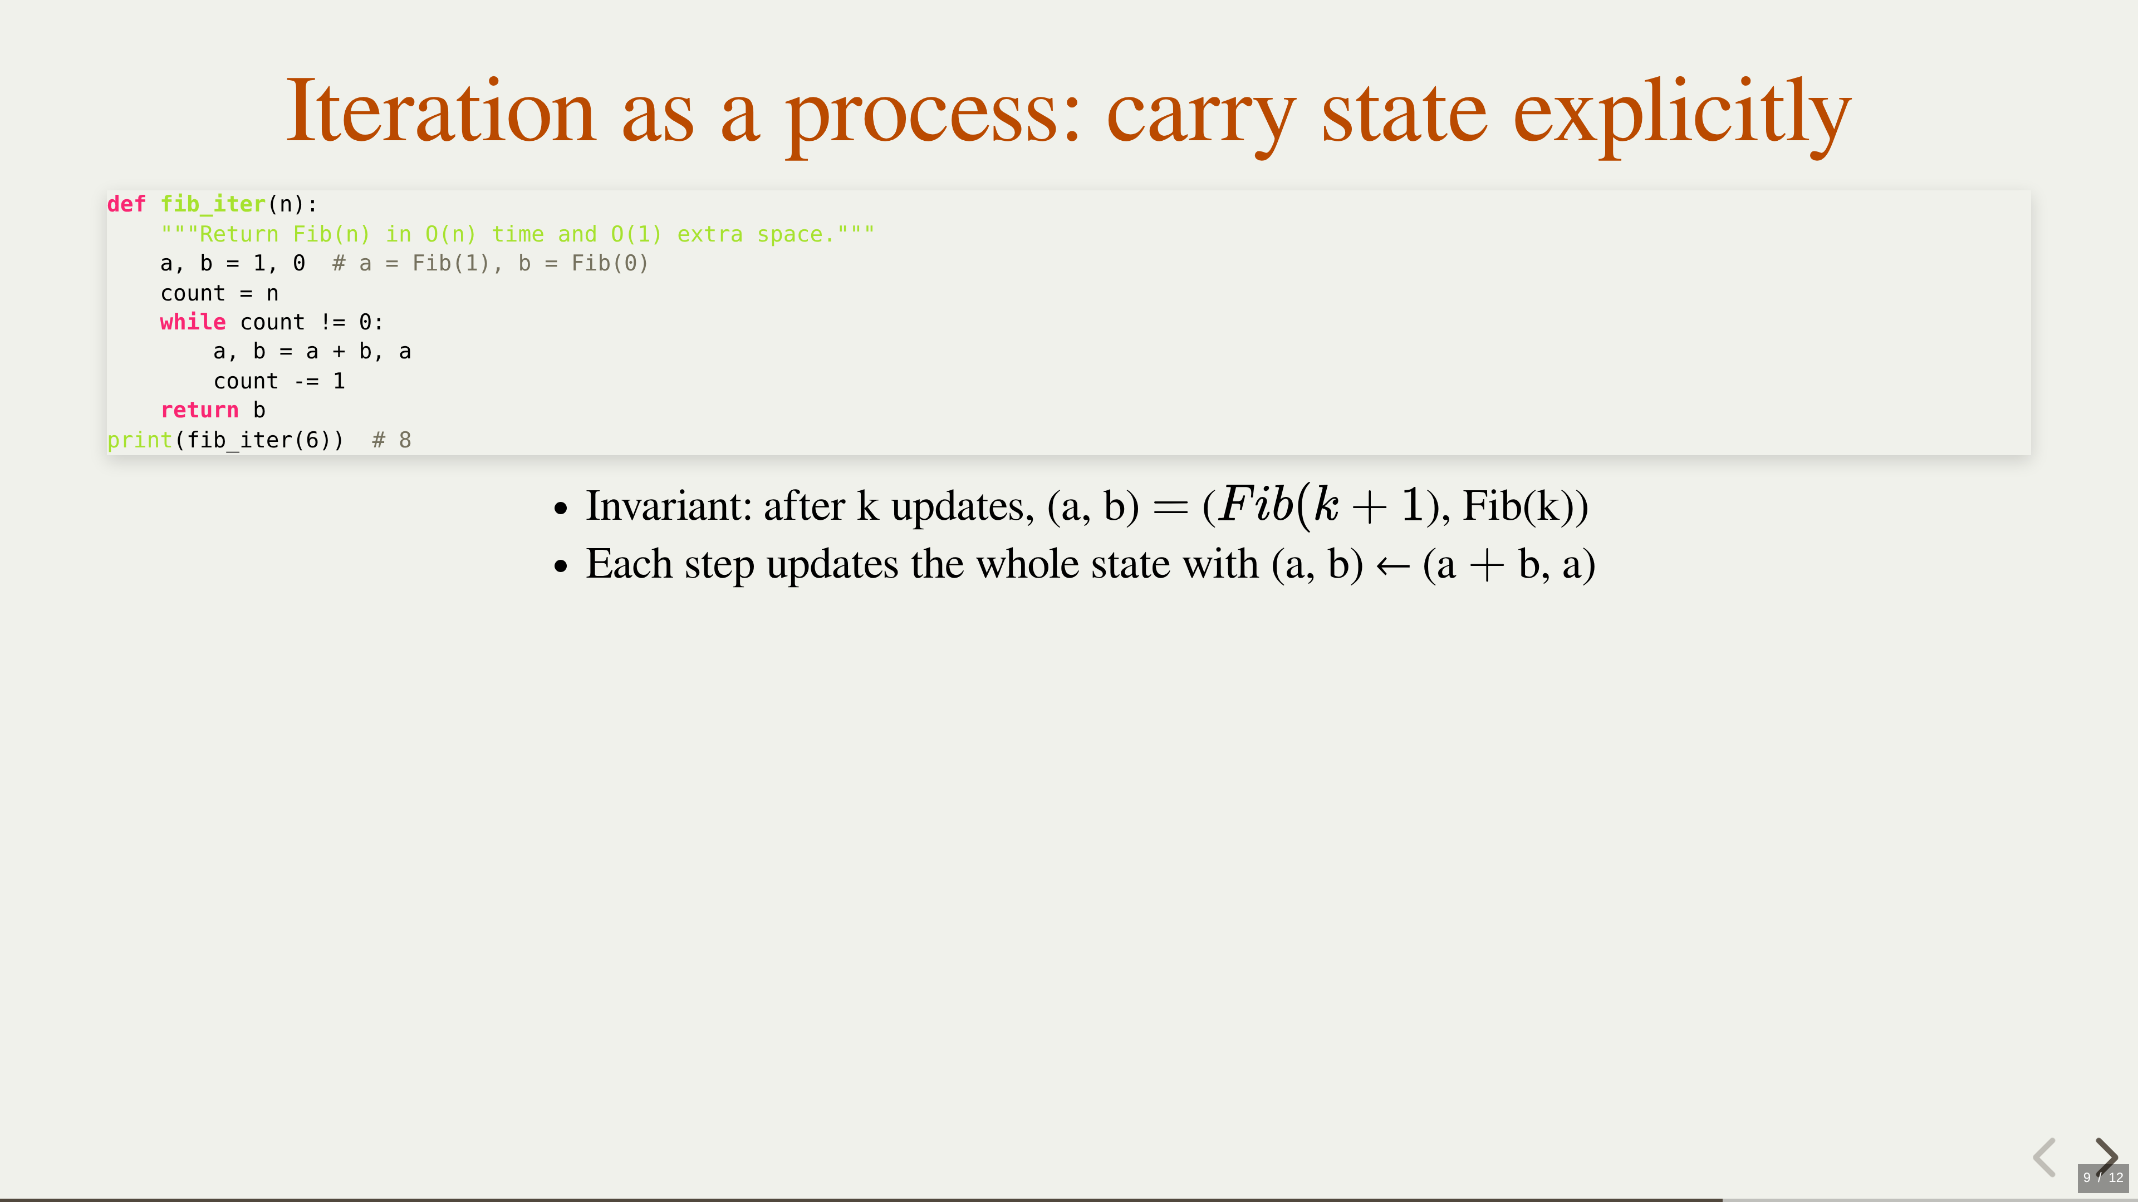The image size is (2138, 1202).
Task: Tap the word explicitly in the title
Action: click(x=1683, y=116)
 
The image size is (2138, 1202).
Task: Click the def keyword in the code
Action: click(x=126, y=204)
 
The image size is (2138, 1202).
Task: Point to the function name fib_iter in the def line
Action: click(x=213, y=204)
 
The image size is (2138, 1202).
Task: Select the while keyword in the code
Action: click(x=193, y=322)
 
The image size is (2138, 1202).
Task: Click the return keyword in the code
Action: click(x=199, y=410)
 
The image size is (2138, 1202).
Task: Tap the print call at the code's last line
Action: click(x=139, y=440)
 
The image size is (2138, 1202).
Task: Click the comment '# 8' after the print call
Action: click(x=392, y=440)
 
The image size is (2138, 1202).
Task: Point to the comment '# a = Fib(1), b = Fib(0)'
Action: click(x=491, y=263)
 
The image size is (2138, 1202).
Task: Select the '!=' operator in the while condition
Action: click(x=332, y=322)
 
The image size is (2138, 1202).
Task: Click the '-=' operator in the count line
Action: click(x=306, y=381)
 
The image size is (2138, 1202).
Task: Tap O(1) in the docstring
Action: click(x=636, y=234)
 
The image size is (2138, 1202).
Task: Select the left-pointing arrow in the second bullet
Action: click(x=1392, y=566)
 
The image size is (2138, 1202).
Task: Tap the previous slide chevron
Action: click(x=2044, y=1157)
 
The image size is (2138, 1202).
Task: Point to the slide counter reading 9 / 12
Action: click(x=2103, y=1177)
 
